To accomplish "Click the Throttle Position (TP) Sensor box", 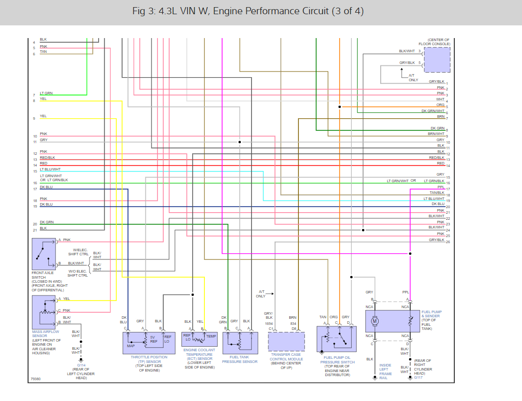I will coord(149,343).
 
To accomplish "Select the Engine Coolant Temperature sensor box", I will coord(199,339).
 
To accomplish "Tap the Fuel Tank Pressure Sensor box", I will coord(241,343).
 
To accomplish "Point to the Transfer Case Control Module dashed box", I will coord(286,342).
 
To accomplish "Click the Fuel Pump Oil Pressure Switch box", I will coord(336,339).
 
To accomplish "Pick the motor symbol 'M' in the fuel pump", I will coord(375,321).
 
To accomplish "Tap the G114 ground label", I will coord(81,365).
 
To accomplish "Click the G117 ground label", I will coord(418,378).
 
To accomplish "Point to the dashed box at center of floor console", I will coord(437,60).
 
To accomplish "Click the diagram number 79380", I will coord(35,378).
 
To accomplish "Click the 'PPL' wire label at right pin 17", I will coord(441,187).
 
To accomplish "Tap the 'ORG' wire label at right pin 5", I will coord(440,105).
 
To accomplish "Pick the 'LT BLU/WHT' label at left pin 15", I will coord(50,170).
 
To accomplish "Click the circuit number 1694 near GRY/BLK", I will coord(269,323).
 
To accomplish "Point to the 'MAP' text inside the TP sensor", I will coord(131,346).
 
